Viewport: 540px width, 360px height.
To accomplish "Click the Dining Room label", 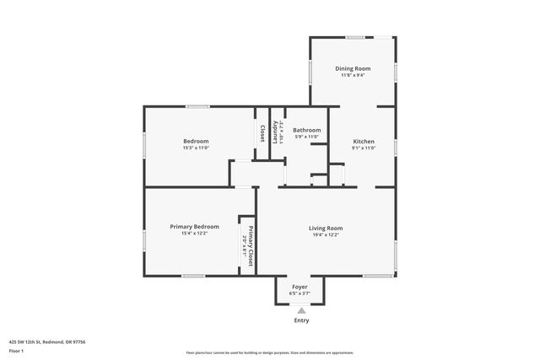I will click(x=353, y=68).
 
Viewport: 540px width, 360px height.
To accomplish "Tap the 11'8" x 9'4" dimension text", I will click(x=353, y=75).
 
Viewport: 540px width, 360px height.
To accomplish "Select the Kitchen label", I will click(x=363, y=141).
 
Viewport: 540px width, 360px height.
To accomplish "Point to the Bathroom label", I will click(x=306, y=130).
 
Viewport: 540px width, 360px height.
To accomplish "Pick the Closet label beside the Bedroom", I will click(x=262, y=133).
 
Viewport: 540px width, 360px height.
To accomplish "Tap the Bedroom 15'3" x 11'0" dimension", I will click(x=196, y=148).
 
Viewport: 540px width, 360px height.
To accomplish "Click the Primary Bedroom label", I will click(x=194, y=226).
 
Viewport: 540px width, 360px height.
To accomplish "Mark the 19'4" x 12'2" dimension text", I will click(x=325, y=234).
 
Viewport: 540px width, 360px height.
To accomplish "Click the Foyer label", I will click(x=300, y=287).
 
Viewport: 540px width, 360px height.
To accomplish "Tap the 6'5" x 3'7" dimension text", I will click(x=300, y=293).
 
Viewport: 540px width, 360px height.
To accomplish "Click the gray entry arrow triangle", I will click(x=301, y=311).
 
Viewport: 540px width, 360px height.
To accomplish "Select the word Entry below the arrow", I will click(x=301, y=320).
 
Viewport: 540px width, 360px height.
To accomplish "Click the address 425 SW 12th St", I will click(x=47, y=341).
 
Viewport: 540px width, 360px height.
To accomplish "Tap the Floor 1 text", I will click(x=17, y=350).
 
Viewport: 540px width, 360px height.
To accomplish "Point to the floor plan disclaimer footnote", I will click(x=270, y=352).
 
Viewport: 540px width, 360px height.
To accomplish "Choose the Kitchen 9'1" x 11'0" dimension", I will click(x=363, y=148).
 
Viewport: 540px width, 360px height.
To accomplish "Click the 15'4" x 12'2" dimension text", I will click(x=194, y=233).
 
